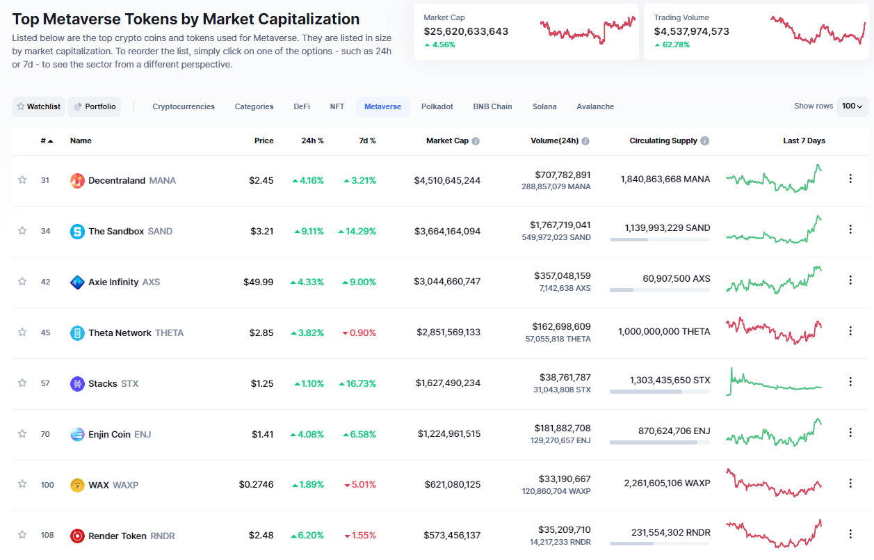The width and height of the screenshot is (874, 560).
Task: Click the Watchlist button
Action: tap(39, 106)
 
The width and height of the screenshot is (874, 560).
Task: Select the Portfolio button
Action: tap(95, 106)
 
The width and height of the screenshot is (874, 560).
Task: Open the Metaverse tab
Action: tap(382, 106)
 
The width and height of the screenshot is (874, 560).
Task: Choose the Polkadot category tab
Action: tap(437, 106)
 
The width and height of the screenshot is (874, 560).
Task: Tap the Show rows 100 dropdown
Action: tap(852, 106)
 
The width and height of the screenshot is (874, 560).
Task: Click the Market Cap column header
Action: tap(447, 141)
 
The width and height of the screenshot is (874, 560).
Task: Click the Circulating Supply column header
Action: tap(663, 141)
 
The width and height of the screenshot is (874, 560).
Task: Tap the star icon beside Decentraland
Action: tap(22, 180)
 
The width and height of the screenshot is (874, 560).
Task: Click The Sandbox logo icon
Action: tap(77, 231)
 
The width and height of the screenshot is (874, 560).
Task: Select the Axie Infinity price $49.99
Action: tap(258, 282)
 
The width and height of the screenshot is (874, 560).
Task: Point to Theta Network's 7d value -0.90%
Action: tap(359, 333)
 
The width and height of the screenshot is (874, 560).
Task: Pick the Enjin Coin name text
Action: tap(109, 434)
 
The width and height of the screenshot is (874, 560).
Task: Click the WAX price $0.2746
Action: tap(256, 485)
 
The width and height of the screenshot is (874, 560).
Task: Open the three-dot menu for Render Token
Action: tap(850, 534)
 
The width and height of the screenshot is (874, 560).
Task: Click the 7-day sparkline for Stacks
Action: tap(774, 382)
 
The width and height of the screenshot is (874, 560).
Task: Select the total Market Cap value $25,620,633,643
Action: tap(466, 31)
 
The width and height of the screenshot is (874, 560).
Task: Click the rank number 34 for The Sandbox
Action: tap(45, 231)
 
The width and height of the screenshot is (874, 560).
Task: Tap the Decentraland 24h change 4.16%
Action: tap(307, 180)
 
